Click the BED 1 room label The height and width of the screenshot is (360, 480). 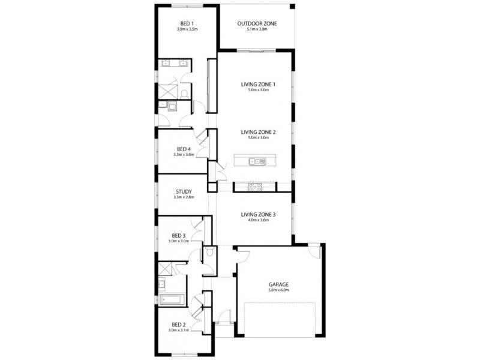187,24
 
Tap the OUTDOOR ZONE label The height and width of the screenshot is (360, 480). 257,24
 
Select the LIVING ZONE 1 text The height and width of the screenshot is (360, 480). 258,85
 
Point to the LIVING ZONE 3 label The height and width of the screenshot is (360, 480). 258,214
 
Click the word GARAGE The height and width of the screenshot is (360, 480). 279,284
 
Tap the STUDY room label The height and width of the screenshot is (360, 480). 184,192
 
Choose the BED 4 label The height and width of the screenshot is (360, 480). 184,149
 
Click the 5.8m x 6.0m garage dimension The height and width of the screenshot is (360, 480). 279,290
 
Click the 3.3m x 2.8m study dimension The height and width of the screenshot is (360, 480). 184,198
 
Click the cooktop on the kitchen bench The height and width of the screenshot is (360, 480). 255,187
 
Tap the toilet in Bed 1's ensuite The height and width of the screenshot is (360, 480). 185,92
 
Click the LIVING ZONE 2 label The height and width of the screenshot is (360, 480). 258,132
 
